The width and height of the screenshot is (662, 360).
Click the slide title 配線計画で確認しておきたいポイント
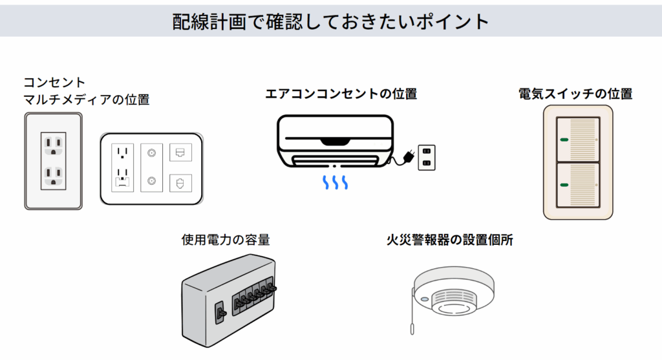click(330, 21)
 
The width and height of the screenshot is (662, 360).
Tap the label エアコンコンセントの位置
click(341, 94)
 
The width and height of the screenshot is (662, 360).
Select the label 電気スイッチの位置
click(575, 94)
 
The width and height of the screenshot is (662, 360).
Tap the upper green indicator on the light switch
click(563, 139)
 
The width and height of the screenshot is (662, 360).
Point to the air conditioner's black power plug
click(407, 157)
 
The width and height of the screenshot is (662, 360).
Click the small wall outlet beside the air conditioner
click(426, 157)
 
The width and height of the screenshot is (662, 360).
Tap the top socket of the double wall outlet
click(53, 143)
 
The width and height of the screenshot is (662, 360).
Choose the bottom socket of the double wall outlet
click(53, 175)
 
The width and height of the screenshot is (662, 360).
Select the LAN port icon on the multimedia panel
click(179, 153)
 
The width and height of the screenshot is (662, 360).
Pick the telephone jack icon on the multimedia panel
click(179, 183)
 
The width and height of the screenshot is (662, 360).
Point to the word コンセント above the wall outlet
click(54, 83)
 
